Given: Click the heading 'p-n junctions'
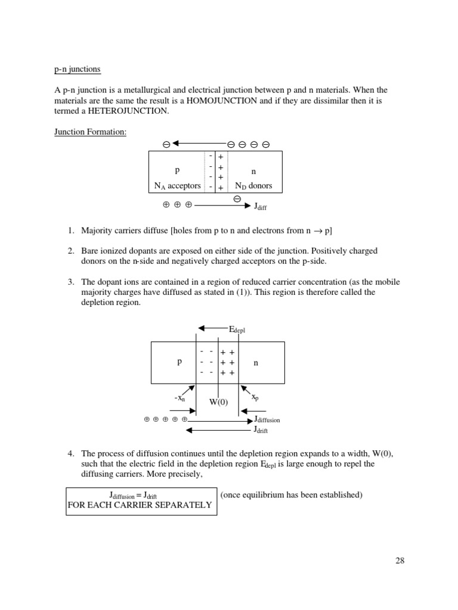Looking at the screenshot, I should [x=77, y=69].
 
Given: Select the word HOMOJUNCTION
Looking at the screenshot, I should [x=221, y=101].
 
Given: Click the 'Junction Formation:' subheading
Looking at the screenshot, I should [x=90, y=132].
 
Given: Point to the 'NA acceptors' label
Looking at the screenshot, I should [x=178, y=186].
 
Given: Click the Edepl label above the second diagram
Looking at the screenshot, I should [x=237, y=329].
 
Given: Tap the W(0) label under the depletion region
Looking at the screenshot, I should [x=218, y=402].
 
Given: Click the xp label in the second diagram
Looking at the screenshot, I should [x=255, y=397].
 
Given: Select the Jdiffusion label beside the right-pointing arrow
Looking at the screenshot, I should [x=267, y=419].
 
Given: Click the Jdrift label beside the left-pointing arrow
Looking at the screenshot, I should [x=261, y=430].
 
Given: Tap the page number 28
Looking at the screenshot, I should [x=400, y=560].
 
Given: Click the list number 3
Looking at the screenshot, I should [x=70, y=282].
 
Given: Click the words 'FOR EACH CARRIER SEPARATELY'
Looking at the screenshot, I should [x=140, y=505].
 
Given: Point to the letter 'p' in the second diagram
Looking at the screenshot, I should [x=179, y=362].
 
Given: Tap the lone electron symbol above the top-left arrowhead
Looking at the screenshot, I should [x=166, y=144].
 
